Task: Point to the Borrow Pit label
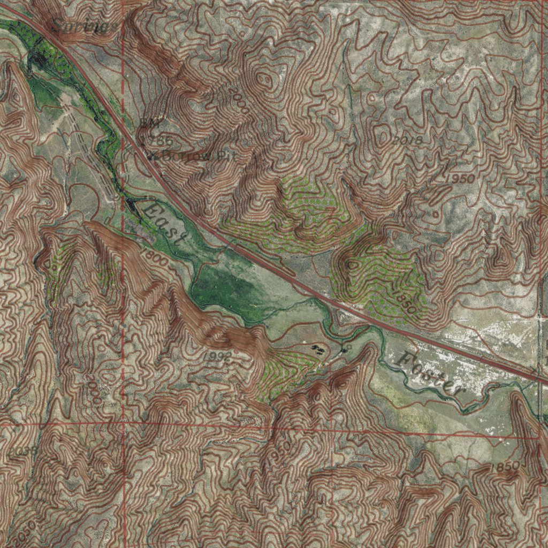pos(191,157)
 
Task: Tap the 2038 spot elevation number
pos(22,451)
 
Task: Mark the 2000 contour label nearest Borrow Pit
pos(238,100)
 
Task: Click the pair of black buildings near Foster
pos(317,349)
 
